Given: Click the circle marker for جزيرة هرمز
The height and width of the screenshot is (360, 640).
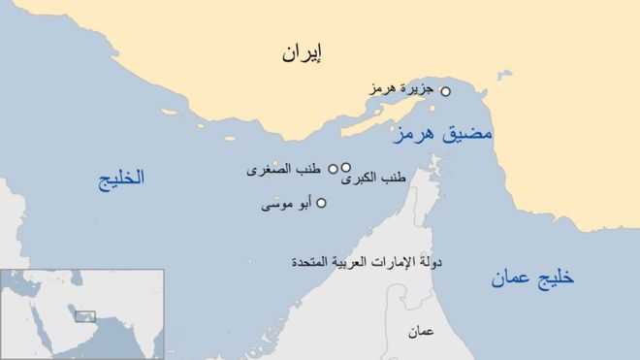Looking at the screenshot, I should (x=446, y=92).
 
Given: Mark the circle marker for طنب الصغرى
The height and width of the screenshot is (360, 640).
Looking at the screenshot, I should (x=333, y=168).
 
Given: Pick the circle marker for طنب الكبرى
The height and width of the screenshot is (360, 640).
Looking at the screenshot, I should (x=346, y=167).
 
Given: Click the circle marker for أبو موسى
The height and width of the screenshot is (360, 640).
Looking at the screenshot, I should (x=322, y=203).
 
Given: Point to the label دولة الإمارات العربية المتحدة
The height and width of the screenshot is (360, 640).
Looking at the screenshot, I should (x=358, y=263).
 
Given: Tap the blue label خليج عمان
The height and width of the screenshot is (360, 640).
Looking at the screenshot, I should (x=530, y=278).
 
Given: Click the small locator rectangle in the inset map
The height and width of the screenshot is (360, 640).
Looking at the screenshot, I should (x=85, y=315).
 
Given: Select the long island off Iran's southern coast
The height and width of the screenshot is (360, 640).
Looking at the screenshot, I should (x=349, y=124).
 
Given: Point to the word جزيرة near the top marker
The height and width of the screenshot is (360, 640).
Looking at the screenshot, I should (x=417, y=89).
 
